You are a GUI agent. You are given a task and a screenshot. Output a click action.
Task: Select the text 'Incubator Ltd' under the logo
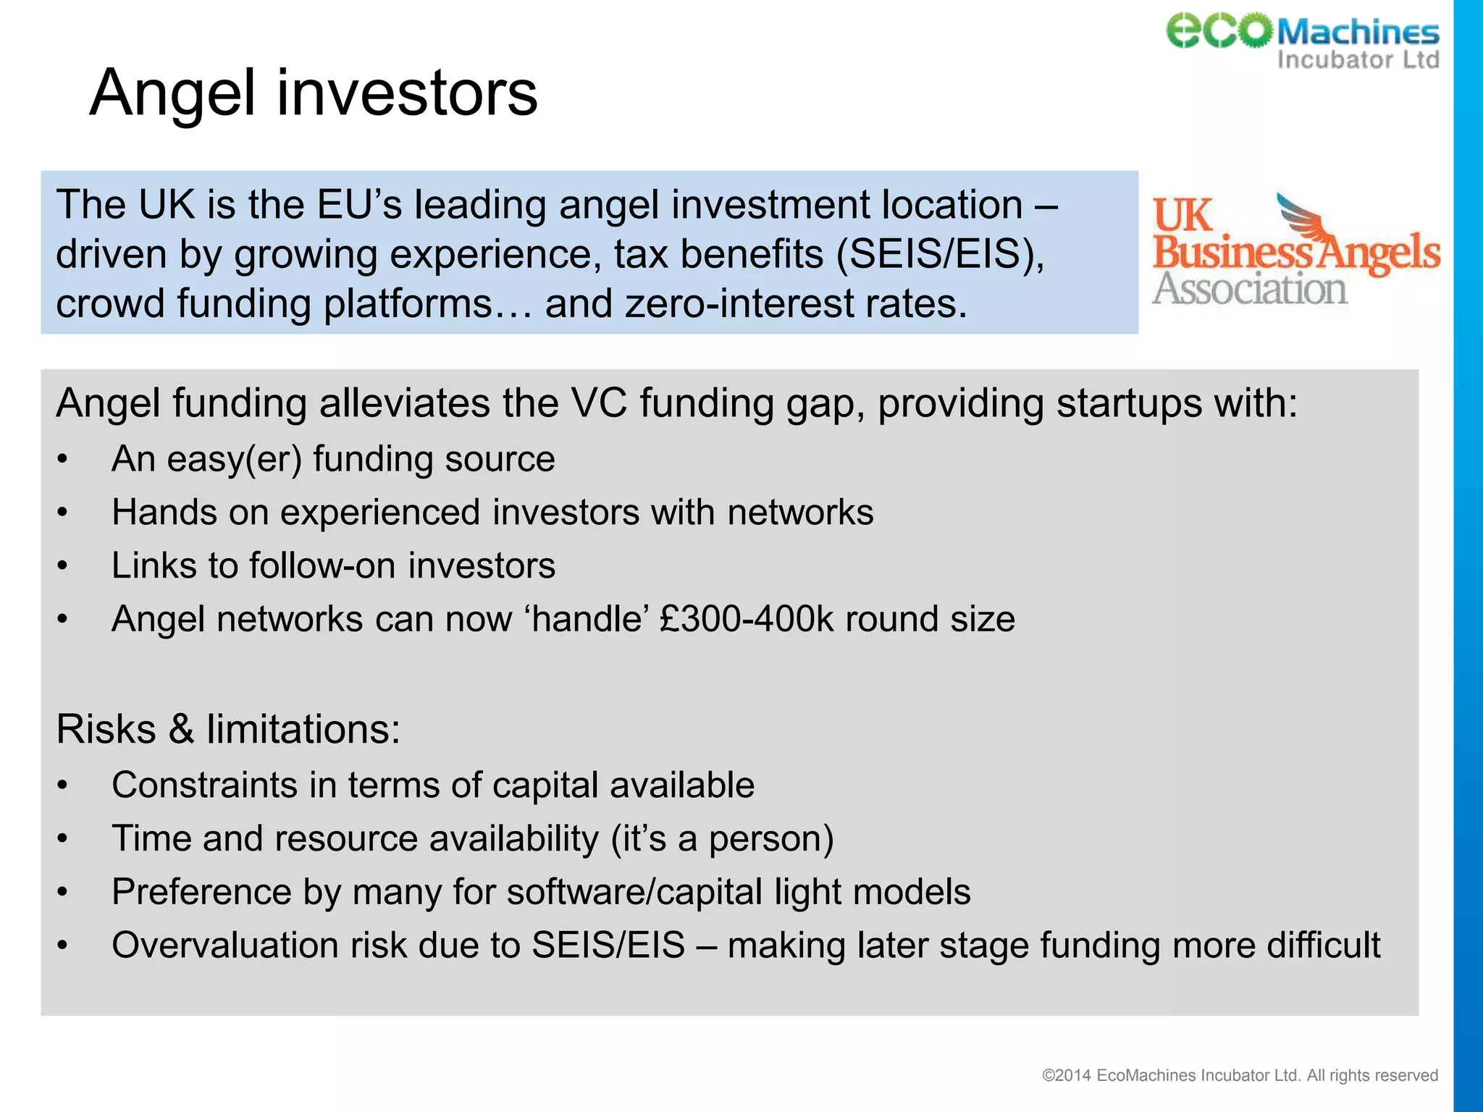pos(1358,59)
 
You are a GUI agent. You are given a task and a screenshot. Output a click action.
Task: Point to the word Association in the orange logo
pos(1249,290)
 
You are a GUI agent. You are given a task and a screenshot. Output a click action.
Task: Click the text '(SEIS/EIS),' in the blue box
pos(940,254)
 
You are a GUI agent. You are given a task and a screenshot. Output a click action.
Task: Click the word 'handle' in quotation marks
pos(587,620)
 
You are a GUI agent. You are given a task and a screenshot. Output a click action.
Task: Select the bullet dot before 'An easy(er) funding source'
pos(63,460)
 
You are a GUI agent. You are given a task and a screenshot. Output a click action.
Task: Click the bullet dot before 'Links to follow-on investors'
pos(63,566)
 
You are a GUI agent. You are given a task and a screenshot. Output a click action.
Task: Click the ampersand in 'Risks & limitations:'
pos(181,729)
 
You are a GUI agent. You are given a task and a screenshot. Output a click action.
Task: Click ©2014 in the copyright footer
pos(1066,1076)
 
